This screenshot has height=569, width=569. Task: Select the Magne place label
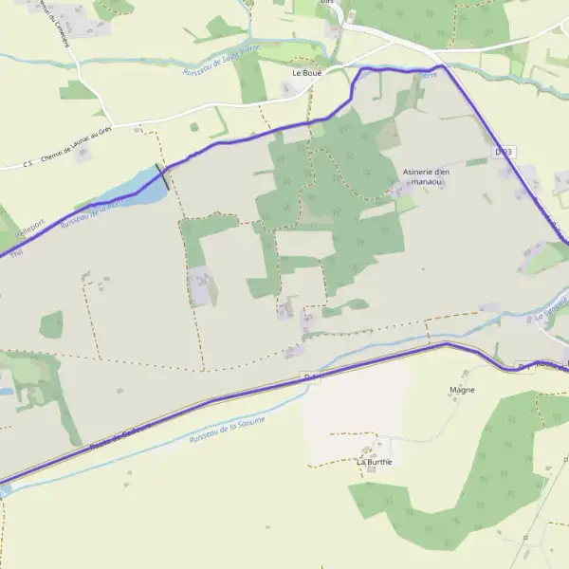point(462,390)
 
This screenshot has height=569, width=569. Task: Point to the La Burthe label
point(374,462)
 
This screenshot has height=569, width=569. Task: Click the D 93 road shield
point(504,152)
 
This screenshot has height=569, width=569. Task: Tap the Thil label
point(12,252)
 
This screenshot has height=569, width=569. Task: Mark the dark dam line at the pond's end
point(163,176)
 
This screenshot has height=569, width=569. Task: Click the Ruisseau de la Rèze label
point(91,212)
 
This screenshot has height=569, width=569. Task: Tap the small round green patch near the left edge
point(51,325)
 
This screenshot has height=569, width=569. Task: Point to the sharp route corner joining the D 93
point(443,66)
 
